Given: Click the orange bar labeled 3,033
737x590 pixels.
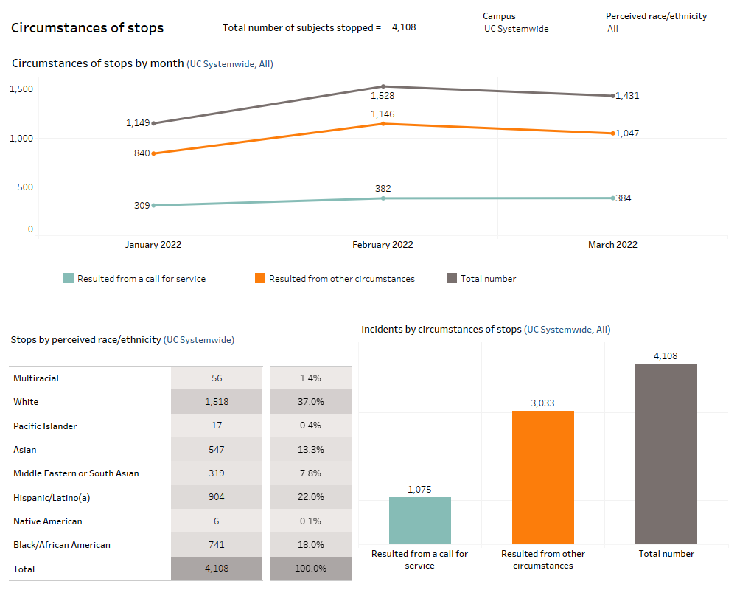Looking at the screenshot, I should click(542, 477).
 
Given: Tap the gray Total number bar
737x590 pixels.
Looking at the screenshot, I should click(666, 454).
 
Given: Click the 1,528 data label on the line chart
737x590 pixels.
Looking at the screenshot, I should click(383, 96).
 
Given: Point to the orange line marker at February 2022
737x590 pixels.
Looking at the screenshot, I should click(383, 124).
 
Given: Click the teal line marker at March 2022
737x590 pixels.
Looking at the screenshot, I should click(612, 198).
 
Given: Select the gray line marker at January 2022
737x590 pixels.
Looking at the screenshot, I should click(153, 123).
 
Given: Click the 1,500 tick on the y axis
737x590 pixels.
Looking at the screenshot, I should click(21, 89).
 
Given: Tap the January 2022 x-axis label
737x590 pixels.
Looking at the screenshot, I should click(153, 245).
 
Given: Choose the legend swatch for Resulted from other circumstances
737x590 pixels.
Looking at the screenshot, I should click(259, 279).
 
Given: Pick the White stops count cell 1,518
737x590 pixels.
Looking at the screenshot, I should click(216, 402).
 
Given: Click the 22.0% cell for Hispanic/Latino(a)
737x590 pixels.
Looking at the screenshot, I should click(310, 497).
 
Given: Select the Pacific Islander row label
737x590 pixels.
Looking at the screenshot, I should click(45, 426).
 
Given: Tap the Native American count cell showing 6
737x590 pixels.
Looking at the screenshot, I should click(216, 521).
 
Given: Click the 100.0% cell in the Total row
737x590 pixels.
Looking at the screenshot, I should click(310, 569).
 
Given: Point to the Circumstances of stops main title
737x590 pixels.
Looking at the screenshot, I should click(88, 28).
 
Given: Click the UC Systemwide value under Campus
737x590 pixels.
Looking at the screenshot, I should click(516, 29).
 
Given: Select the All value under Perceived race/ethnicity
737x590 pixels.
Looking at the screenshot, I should click(612, 29).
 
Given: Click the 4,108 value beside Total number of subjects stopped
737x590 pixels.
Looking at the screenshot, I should click(404, 27).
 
